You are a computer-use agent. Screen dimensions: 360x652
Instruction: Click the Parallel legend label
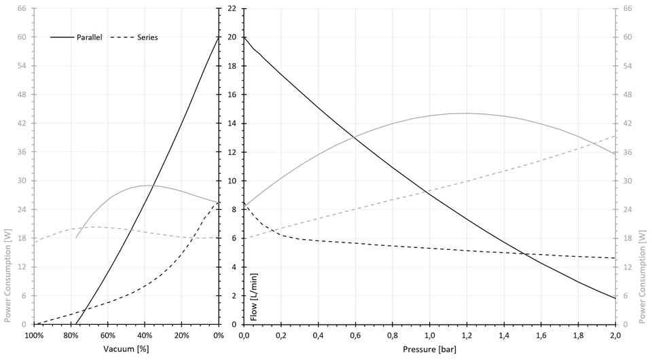[x=88, y=37]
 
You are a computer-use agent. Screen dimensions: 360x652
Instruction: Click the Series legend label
[x=147, y=37]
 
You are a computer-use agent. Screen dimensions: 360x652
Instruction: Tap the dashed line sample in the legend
[x=123, y=37]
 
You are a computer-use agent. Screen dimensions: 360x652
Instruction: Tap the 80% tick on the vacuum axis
[x=71, y=336]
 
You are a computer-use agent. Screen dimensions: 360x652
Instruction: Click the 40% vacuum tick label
[x=145, y=336]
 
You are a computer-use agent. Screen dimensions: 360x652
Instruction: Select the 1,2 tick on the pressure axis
[x=467, y=336]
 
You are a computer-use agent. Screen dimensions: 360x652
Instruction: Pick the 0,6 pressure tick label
[x=355, y=336]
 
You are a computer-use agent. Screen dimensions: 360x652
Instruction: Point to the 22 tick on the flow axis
[x=231, y=9]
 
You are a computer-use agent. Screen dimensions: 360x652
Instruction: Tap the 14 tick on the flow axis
[x=231, y=124]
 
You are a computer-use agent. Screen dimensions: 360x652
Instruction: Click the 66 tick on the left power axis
[x=21, y=9]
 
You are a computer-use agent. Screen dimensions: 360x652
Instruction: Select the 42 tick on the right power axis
[x=628, y=124]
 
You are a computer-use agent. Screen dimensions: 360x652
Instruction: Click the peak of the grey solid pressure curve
[x=466, y=113]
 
